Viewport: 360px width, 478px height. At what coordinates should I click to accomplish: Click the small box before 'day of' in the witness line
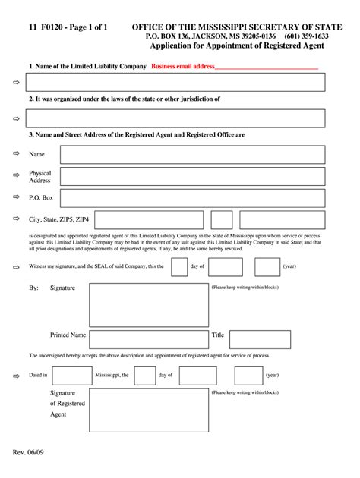coord(179,267)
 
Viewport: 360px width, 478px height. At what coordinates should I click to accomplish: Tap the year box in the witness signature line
coord(267,267)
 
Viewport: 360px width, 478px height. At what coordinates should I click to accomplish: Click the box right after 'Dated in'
coord(72,375)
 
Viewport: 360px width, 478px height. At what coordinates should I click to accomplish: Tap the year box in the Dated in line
coord(248,375)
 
